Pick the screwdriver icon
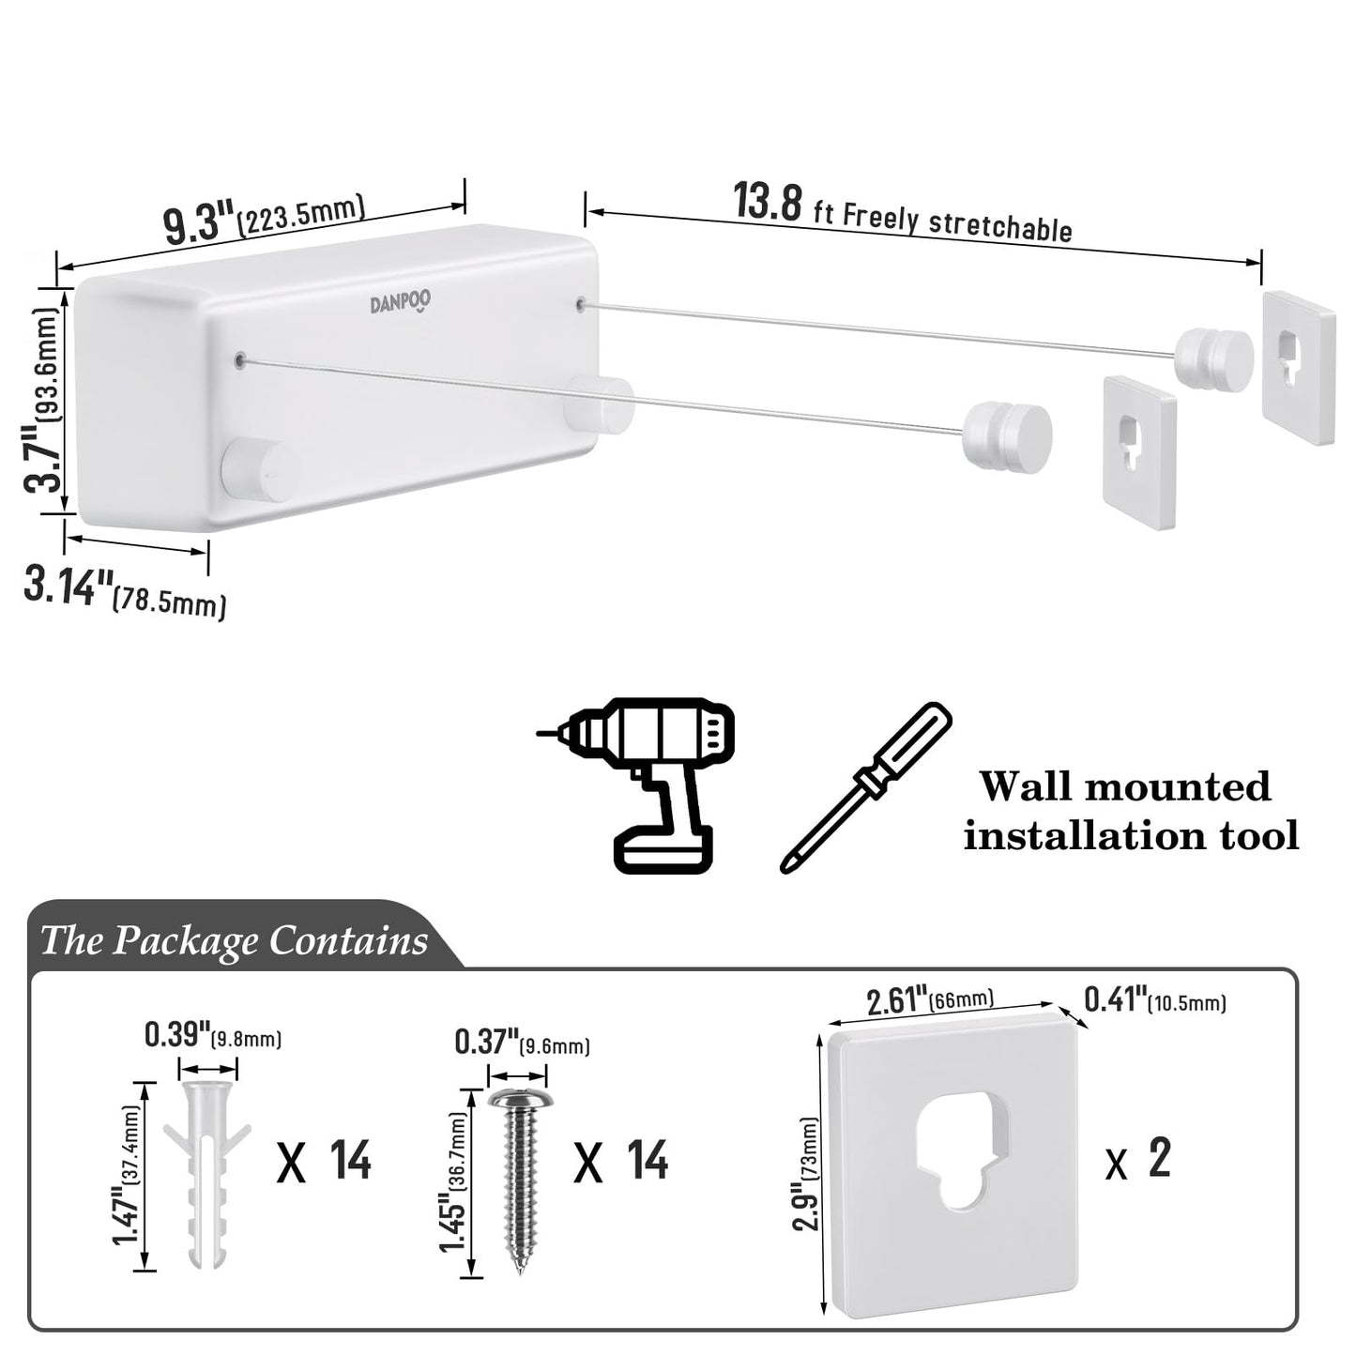[x=866, y=786]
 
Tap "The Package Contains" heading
[x=235, y=939]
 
